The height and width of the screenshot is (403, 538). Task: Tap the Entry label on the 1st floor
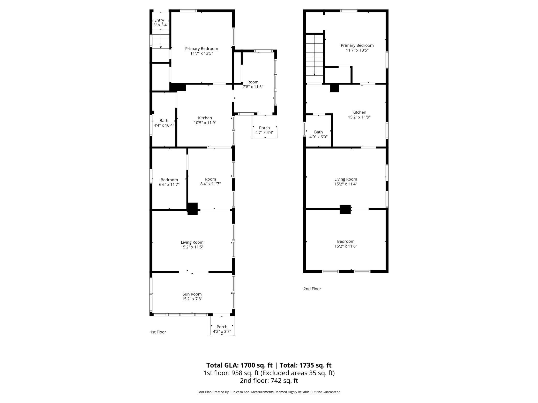159,20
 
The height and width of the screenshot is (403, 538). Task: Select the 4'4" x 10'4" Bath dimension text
164,125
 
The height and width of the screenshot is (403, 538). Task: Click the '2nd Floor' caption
312,289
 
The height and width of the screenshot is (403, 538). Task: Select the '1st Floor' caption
158,332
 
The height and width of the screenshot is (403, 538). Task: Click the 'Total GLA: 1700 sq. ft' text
239,365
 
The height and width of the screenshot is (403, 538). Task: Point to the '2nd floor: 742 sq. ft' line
269,381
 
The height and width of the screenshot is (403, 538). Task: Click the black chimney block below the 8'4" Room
192,209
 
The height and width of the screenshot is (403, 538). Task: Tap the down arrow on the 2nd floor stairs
314,74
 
